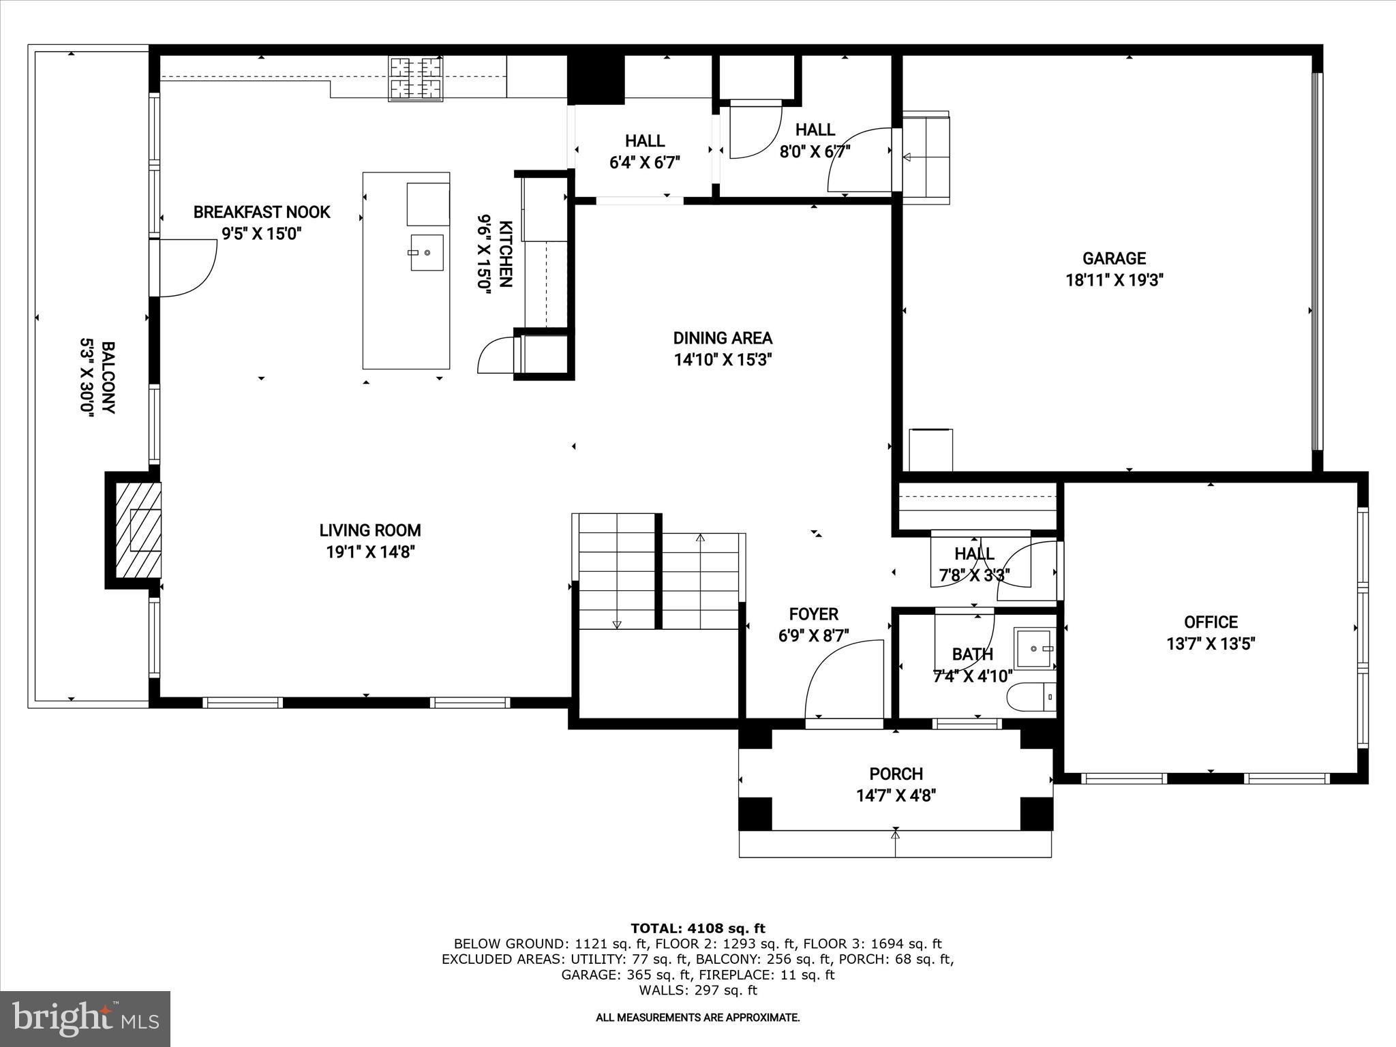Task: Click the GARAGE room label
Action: pos(1114,258)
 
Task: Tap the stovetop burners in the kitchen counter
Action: pos(415,78)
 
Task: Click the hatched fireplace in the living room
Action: pos(138,530)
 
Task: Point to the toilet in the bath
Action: pos(1031,697)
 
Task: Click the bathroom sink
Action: pos(1035,648)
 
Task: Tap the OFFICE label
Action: pos(1211,622)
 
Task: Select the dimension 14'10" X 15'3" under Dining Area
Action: pos(723,360)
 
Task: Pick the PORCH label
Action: pos(896,774)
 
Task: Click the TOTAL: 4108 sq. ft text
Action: pos(697,928)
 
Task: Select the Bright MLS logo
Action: pos(85,1018)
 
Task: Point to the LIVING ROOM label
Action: pos(370,530)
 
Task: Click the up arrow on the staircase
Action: pos(700,538)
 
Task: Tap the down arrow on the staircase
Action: pos(617,624)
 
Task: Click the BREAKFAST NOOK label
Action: pos(262,212)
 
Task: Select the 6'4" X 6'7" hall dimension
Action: pos(644,163)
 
